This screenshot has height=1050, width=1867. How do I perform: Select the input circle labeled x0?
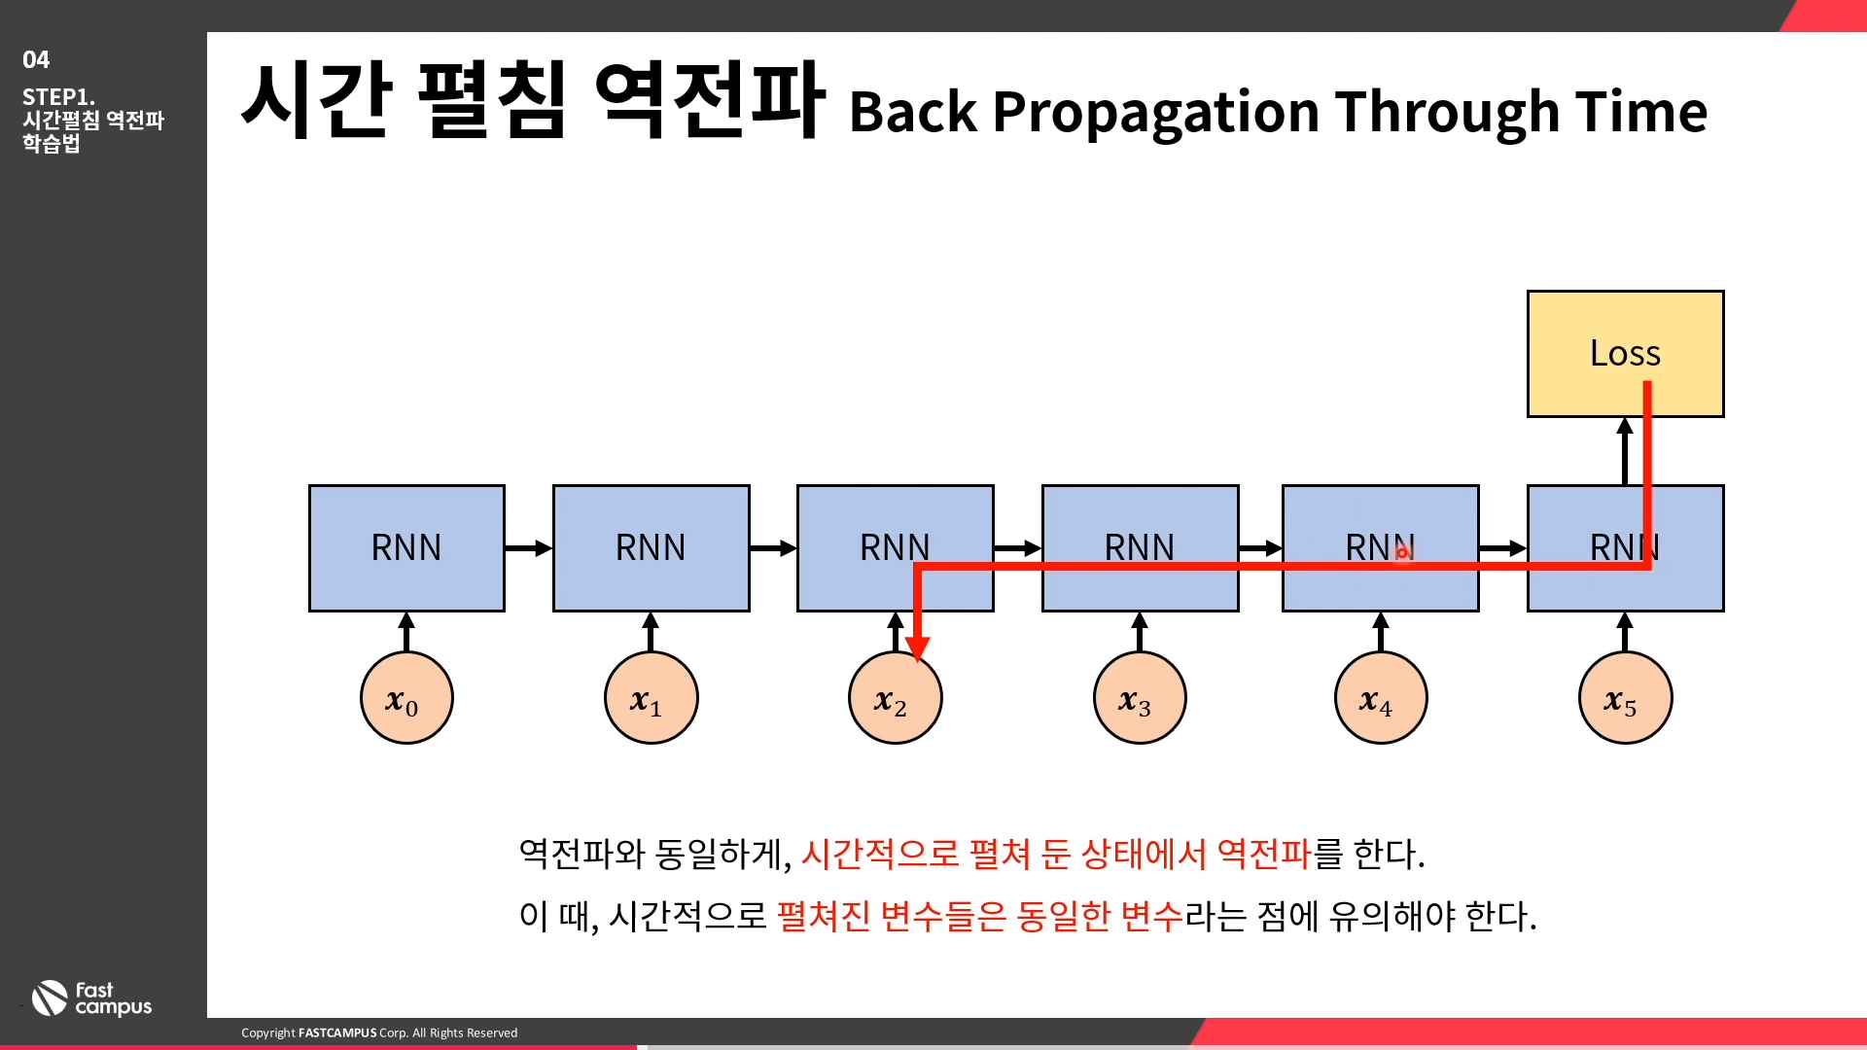(406, 698)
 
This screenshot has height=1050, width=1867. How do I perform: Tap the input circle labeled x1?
(651, 698)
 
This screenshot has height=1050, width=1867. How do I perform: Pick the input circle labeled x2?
(895, 700)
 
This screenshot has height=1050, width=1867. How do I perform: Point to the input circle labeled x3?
(1140, 698)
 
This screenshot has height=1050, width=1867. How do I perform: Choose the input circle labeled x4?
(1381, 698)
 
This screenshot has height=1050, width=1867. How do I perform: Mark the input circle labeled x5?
(1625, 698)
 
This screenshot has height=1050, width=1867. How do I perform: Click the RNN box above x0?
(406, 548)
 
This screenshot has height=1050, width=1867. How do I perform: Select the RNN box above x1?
(651, 548)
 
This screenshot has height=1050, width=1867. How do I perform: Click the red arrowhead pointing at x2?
(917, 648)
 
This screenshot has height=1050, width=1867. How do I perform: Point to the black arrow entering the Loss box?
(1625, 451)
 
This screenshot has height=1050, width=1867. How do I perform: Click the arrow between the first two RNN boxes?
(528, 548)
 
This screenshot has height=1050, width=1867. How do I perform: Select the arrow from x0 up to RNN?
(406, 632)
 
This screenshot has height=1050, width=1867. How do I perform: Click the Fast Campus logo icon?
(50, 998)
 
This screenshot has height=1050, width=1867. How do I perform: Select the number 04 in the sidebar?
(36, 60)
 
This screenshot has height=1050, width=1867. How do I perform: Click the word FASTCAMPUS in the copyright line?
(336, 1032)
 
